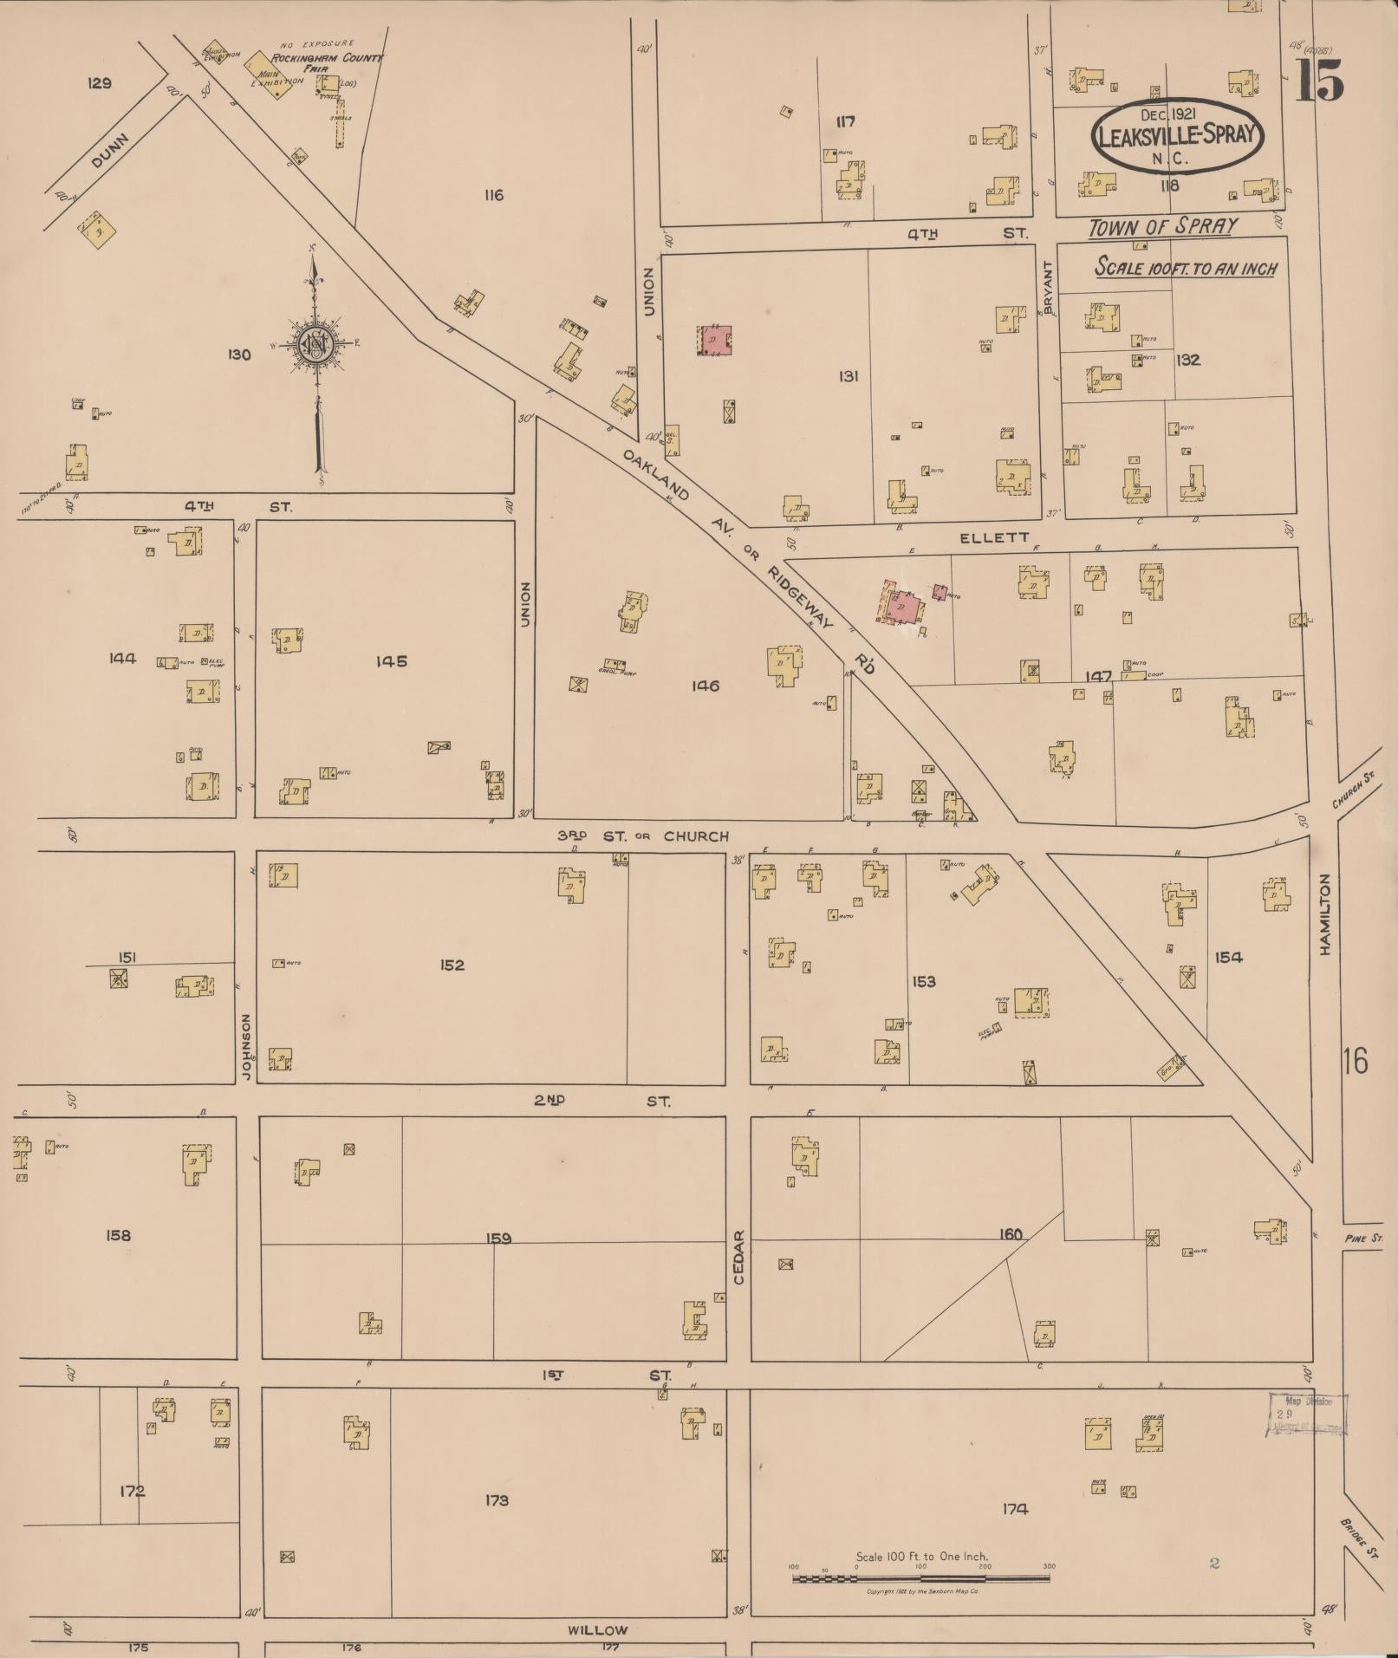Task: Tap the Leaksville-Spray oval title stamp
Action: pyautogui.click(x=1177, y=137)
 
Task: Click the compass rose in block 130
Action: pyautogui.click(x=316, y=345)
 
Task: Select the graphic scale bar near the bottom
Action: pyautogui.click(x=920, y=1578)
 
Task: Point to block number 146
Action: pyautogui.click(x=705, y=686)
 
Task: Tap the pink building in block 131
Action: pyautogui.click(x=715, y=340)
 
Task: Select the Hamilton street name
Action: pyautogui.click(x=1324, y=914)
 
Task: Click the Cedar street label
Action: pyautogui.click(x=739, y=1257)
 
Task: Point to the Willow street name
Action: pyautogui.click(x=597, y=1629)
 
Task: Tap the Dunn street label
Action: pyautogui.click(x=108, y=152)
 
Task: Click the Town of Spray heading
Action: pyautogui.click(x=1161, y=227)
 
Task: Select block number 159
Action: pyautogui.click(x=498, y=1239)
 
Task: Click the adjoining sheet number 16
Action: pyautogui.click(x=1356, y=1060)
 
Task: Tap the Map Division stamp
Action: pyautogui.click(x=1307, y=1415)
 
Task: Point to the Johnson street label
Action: pyautogui.click(x=247, y=1047)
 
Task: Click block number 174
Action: pyautogui.click(x=1014, y=1509)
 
